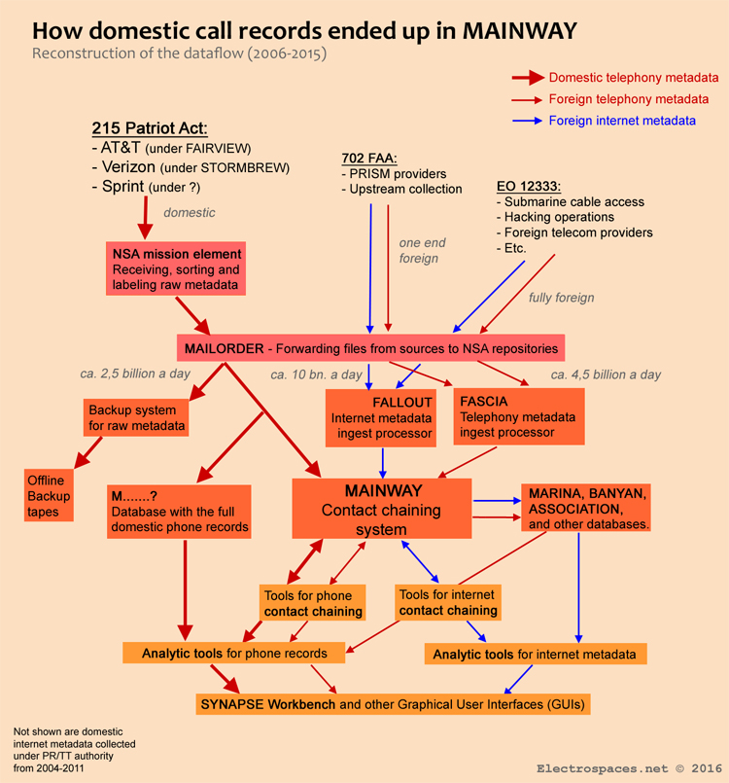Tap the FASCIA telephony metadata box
[x=518, y=417]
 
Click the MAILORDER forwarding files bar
[x=370, y=347]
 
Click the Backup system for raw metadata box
[x=136, y=417]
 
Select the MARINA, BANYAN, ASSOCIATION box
[x=588, y=507]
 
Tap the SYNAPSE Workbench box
[x=394, y=702]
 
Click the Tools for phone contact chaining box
[x=314, y=603]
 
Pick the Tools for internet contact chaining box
[x=448, y=602]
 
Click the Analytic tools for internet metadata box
[x=536, y=655]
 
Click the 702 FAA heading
[x=372, y=158]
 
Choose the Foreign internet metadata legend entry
[x=621, y=121]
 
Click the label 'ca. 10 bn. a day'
[x=316, y=374]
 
